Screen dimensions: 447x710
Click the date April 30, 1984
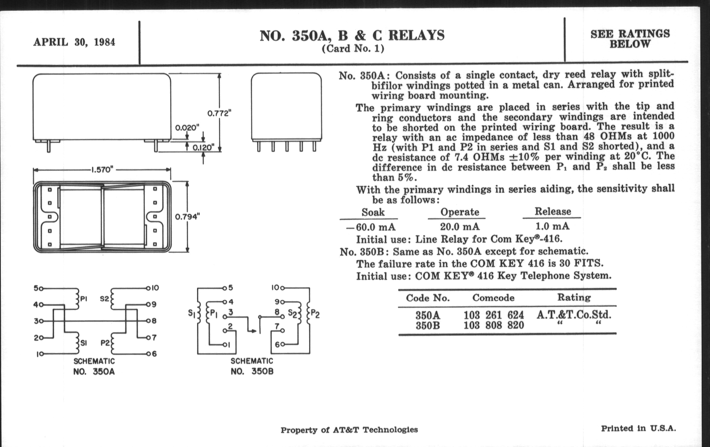coord(74,42)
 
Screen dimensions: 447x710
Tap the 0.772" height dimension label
coord(219,113)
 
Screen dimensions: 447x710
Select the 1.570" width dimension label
coord(102,170)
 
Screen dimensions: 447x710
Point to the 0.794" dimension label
coord(187,217)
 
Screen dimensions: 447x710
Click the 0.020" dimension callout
coord(187,128)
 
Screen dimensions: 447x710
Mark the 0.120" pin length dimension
coord(203,148)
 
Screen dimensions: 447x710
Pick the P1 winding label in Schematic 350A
coord(83,299)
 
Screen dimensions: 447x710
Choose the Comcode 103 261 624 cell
coord(494,315)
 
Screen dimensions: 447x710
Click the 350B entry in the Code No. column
coord(427,326)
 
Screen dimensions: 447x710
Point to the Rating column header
coord(574,297)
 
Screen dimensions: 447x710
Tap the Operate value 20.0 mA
coord(460,227)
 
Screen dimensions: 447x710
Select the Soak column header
coord(373,212)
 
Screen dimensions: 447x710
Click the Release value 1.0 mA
coord(552,226)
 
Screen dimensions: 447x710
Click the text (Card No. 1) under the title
coord(353,48)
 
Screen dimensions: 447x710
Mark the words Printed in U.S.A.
coord(638,428)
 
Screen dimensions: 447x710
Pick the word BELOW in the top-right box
coord(630,44)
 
